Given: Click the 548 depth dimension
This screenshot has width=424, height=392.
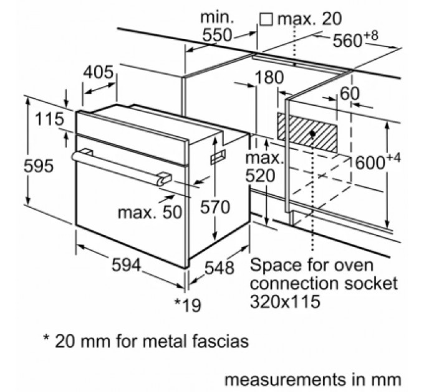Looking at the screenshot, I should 219,269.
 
